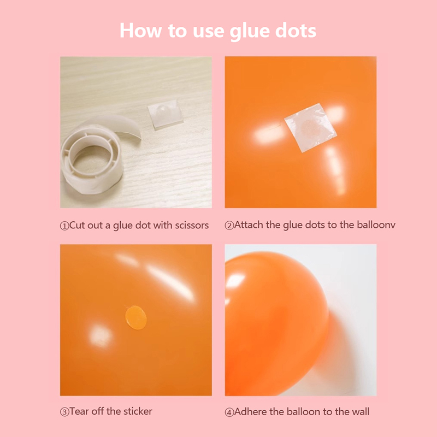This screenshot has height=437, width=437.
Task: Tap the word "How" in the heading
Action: [x=140, y=31]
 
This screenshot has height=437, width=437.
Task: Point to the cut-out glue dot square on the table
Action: [x=165, y=114]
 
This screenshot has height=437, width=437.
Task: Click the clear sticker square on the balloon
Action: [x=310, y=127]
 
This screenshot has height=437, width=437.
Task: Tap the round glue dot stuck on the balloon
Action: [x=135, y=317]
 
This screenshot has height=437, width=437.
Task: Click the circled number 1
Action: [x=64, y=226]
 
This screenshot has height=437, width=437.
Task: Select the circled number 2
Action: [x=229, y=226]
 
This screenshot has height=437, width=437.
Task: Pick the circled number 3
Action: [x=64, y=412]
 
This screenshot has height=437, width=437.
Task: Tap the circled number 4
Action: [x=229, y=412]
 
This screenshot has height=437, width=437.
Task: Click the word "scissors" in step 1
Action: [x=192, y=225]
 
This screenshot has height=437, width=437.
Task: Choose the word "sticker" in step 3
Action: [x=138, y=411]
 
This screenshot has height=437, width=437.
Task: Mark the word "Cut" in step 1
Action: [x=76, y=225]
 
